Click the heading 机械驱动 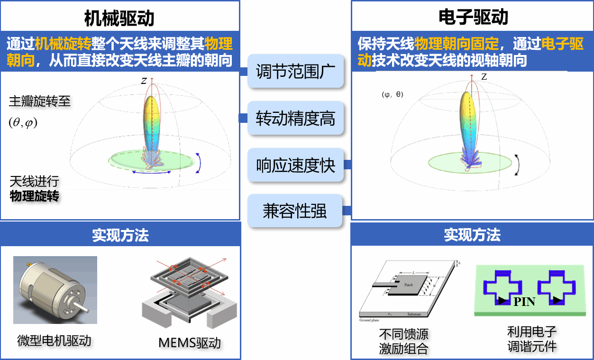(x=119, y=18)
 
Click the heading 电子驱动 (x=472, y=18)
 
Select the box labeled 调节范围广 (x=295, y=72)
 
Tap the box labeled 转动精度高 (x=295, y=118)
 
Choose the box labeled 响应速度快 (x=295, y=165)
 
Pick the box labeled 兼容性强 (x=295, y=211)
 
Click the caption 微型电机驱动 (x=54, y=341)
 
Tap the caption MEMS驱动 (x=190, y=342)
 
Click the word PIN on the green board (x=524, y=302)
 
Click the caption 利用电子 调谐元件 (x=532, y=339)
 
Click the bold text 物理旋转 (x=35, y=196)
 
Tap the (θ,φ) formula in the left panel (x=23, y=122)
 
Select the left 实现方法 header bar (x=120, y=235)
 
